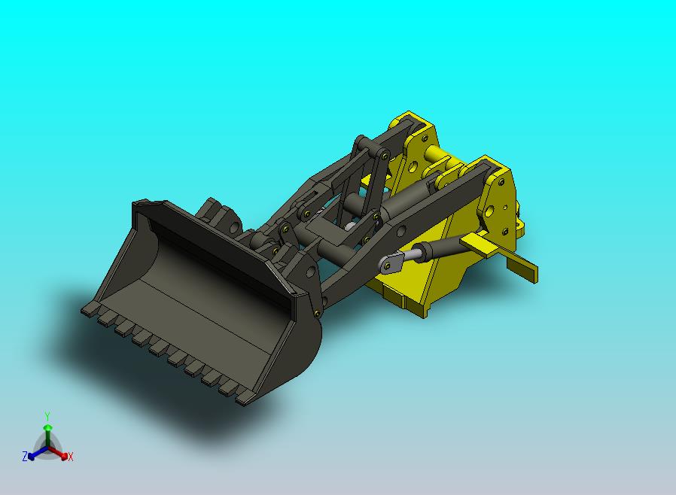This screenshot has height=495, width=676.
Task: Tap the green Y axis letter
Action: pos(47,416)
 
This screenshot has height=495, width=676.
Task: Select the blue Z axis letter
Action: pos(25,456)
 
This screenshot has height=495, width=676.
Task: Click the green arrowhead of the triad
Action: pos(48,427)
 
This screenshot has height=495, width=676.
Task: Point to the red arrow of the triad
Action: pos(58,453)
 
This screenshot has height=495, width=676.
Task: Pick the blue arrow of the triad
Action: pos(38,453)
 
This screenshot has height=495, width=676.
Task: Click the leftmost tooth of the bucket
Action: pos(90,308)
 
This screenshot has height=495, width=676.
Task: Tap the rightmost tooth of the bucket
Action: pos(244,399)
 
